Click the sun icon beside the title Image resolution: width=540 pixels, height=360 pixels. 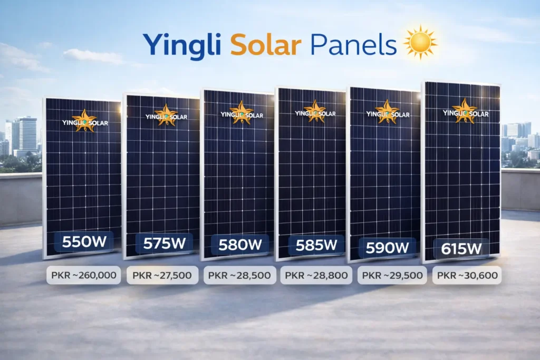click(420, 42)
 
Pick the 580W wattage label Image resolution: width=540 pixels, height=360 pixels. click(240, 245)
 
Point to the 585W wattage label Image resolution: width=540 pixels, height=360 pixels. click(316, 245)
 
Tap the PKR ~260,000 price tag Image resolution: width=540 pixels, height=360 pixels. click(84, 275)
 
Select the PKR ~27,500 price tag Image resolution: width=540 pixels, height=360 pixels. click(162, 275)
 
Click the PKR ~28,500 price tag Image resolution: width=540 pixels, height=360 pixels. click(239, 275)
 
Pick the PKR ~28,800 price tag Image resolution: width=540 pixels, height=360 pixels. click(316, 275)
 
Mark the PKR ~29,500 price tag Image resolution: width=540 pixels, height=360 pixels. click(392, 275)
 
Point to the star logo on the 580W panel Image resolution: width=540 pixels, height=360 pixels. click(243, 112)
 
